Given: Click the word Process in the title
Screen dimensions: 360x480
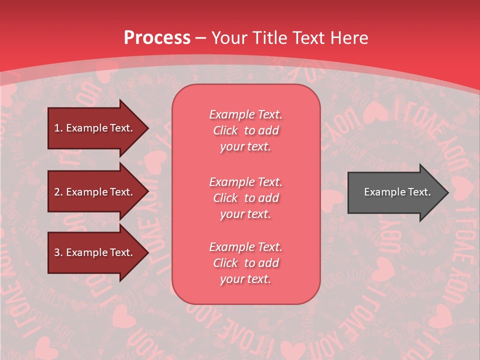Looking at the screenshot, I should pos(157,38).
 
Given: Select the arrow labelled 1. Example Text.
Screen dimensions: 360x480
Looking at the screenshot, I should pos(95,128).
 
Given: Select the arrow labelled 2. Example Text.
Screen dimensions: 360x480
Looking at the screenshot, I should pos(95,192).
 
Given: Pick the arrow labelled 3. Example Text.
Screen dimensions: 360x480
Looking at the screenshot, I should pos(95,252).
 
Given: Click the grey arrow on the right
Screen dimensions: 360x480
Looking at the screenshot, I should pos(395,192).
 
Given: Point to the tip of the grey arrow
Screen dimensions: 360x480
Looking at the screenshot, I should pos(447,192).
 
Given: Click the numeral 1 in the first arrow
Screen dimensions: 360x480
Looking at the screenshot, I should pos(56,128).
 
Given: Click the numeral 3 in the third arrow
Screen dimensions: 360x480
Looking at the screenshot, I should pos(56,253).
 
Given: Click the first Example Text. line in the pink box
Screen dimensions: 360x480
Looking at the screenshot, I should pos(245,114).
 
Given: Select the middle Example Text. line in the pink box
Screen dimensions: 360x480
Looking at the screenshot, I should pos(245,182).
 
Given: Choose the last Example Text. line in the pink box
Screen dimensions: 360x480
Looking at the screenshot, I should pos(245,247).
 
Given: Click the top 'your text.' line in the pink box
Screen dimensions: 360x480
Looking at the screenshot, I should pos(245,147).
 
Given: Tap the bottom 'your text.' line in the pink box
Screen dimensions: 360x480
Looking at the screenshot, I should pos(245,279).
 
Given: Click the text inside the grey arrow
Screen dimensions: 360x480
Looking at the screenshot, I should pos(397,192).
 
